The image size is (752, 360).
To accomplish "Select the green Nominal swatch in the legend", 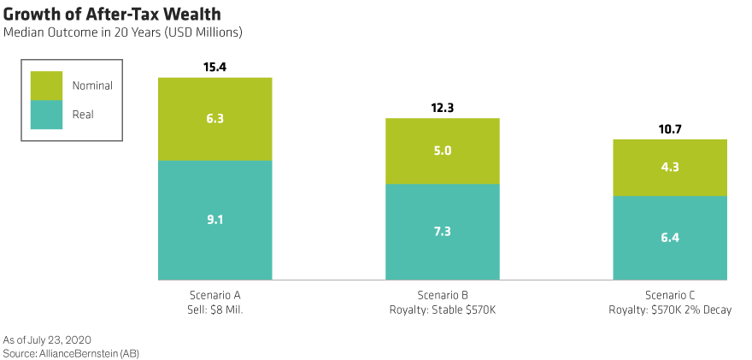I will click(47, 86).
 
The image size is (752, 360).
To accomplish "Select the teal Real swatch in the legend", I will click(47, 115).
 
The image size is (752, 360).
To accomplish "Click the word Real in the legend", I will click(83, 115).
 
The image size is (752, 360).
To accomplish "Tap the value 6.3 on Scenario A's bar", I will click(214, 119).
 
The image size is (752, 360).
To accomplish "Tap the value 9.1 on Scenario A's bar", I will click(214, 220).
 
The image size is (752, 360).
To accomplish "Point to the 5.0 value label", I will click(442, 151).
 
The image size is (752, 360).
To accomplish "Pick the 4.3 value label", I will click(669, 168).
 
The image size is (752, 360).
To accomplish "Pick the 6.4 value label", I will click(669, 238).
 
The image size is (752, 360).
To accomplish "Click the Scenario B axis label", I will click(442, 295).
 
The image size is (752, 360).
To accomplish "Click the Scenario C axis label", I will click(669, 295).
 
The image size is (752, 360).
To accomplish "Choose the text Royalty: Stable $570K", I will click(442, 309).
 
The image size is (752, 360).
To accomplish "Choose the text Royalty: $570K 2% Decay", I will click(669, 309).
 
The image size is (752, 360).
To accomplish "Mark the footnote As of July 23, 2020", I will click(47, 339).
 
